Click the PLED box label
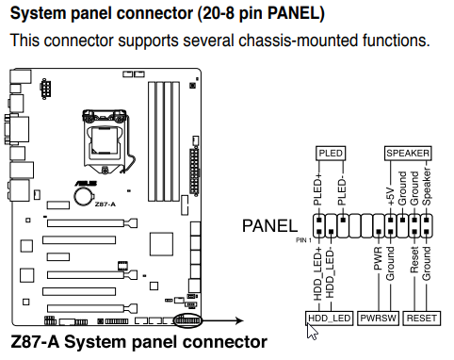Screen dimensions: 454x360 pos(331,154)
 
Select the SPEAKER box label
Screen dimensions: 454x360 pos(408,154)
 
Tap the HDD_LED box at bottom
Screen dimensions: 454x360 pos(329,319)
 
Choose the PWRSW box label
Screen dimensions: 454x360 pos(378,319)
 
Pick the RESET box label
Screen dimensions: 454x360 pos(422,319)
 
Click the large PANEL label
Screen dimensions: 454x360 pos(269,226)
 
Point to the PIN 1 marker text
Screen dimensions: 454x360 pos(303,240)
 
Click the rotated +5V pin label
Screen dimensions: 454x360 pos(391,196)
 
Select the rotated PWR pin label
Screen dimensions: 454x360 pos(378,258)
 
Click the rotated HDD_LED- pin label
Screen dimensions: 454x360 pos(330,272)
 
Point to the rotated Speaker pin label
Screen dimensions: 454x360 pos(426,187)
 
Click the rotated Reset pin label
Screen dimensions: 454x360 pos(414,259)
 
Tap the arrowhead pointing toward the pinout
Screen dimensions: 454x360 pos(239,320)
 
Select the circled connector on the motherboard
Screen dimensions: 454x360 pos(187,321)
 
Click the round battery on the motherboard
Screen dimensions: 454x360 pos(83,196)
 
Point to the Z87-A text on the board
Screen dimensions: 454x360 pos(105,205)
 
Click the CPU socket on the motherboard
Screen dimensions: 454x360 pos(105,141)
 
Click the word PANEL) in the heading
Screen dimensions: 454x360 pos(296,14)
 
